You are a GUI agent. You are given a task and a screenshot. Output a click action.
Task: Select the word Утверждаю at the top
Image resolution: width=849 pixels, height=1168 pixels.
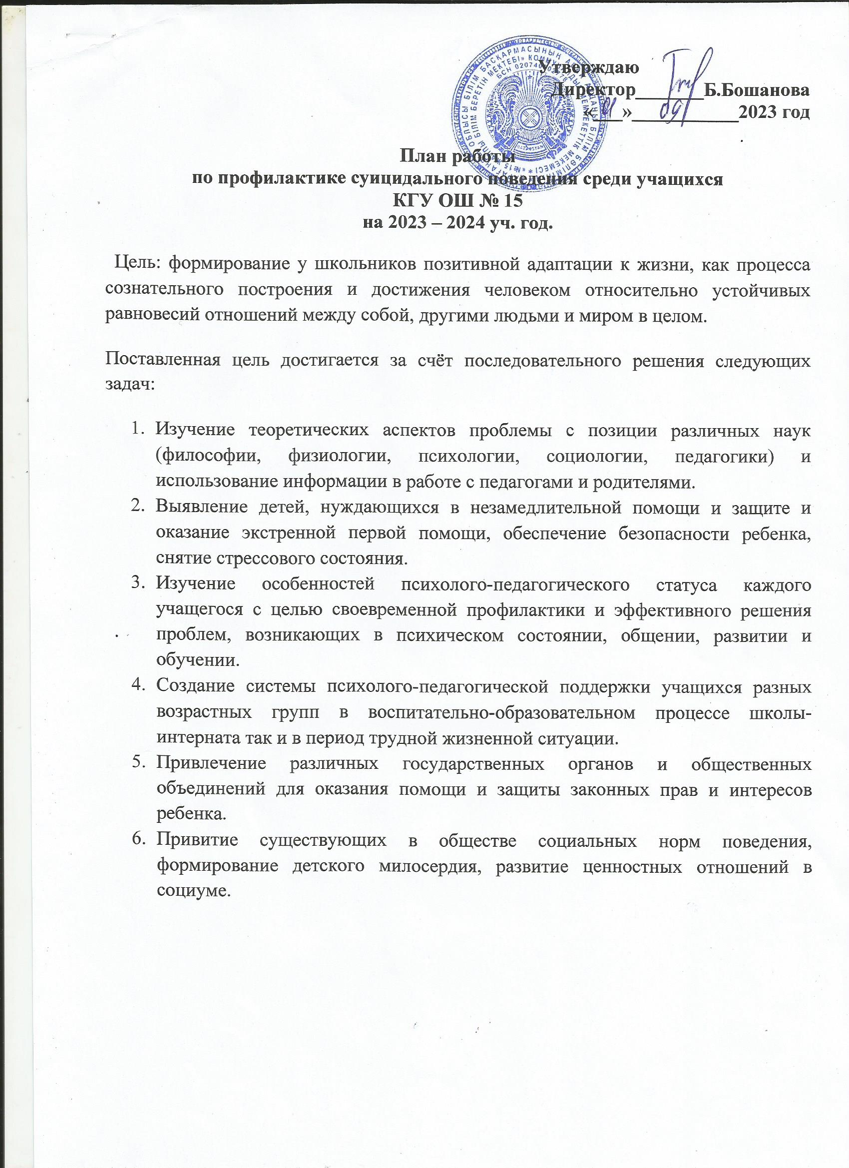[590, 67]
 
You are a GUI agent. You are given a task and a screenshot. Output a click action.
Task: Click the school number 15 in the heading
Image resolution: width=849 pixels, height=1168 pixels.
[512, 200]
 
